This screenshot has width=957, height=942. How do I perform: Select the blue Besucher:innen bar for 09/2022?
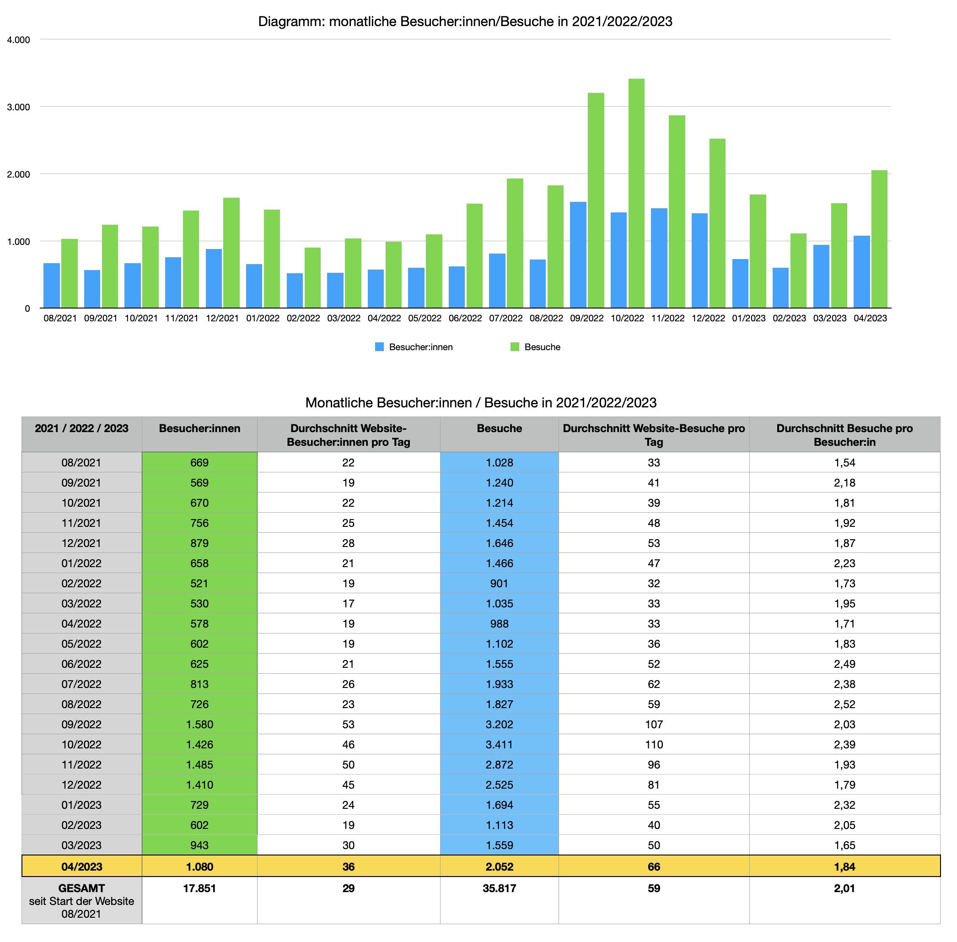pyautogui.click(x=578, y=255)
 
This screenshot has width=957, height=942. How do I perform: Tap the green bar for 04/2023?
pyautogui.click(x=879, y=239)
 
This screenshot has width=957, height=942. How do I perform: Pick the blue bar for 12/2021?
pyautogui.click(x=214, y=279)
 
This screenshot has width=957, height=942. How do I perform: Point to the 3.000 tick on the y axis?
pyautogui.click(x=18, y=107)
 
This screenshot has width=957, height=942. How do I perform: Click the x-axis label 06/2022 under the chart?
pyautogui.click(x=465, y=318)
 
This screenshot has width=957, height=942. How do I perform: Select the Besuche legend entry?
pyautogui.click(x=535, y=347)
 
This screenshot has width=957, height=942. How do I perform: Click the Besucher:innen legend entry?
pyautogui.click(x=414, y=347)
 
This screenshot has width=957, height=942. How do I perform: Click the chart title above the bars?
pyautogui.click(x=465, y=21)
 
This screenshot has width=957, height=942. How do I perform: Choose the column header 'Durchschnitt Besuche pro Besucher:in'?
pyautogui.click(x=844, y=435)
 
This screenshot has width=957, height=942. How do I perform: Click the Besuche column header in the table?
pyautogui.click(x=499, y=428)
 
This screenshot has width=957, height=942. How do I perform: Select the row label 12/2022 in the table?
pyautogui.click(x=81, y=785)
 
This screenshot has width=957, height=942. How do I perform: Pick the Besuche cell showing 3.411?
pyautogui.click(x=499, y=745)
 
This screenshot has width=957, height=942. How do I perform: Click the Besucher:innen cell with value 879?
pyautogui.click(x=199, y=543)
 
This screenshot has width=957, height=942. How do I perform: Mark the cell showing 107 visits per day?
pyautogui.click(x=653, y=724)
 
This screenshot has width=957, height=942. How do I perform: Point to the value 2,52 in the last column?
pyautogui.click(x=844, y=704)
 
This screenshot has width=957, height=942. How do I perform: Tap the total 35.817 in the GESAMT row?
pyautogui.click(x=499, y=888)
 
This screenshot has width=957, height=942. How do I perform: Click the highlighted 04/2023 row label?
pyautogui.click(x=81, y=867)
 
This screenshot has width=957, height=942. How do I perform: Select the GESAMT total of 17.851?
pyautogui.click(x=199, y=888)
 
